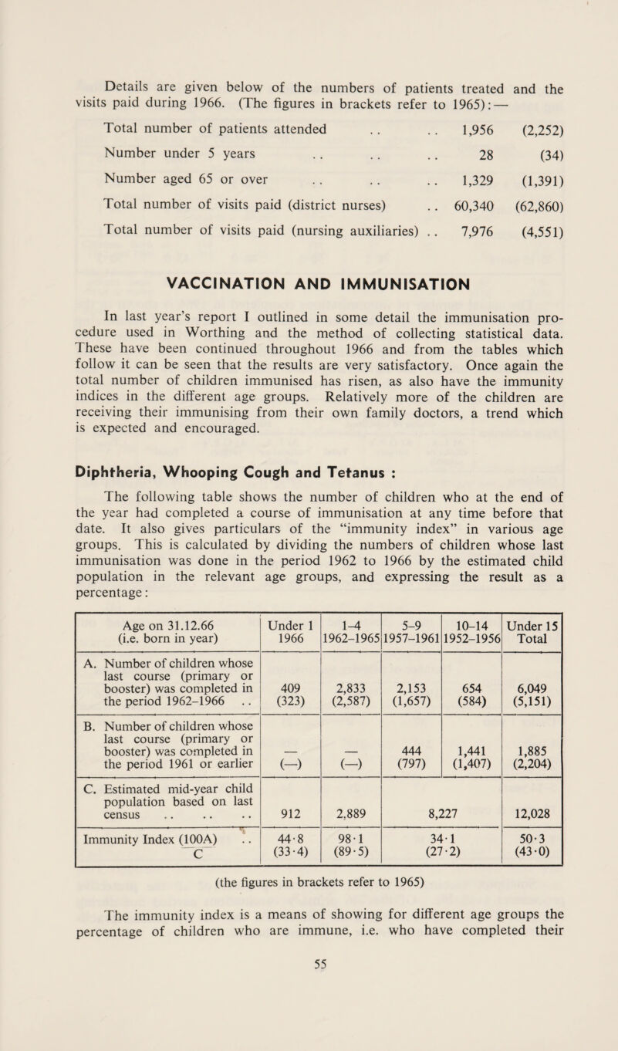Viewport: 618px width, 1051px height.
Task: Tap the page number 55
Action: tap(309, 1031)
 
